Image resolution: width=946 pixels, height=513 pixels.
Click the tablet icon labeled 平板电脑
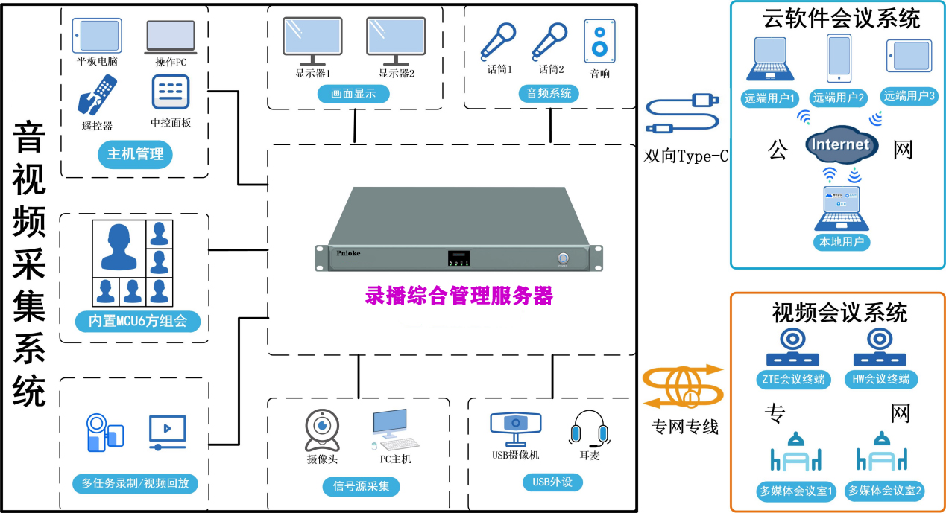(97, 36)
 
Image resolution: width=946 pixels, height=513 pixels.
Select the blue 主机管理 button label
(135, 155)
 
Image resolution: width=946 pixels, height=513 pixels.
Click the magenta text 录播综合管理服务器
(459, 296)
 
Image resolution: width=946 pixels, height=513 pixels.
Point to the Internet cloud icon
(839, 144)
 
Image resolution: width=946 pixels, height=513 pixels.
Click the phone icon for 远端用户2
(839, 58)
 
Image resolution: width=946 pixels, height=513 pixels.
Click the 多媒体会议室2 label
(887, 491)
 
